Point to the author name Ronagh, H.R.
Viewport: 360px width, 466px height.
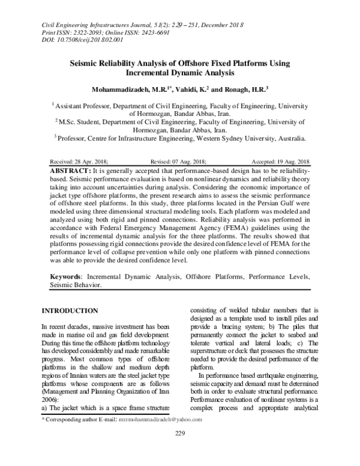[245, 89]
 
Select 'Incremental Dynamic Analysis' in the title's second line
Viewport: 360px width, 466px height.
[179, 73]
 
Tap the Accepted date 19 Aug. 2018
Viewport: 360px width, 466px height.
[289, 162]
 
